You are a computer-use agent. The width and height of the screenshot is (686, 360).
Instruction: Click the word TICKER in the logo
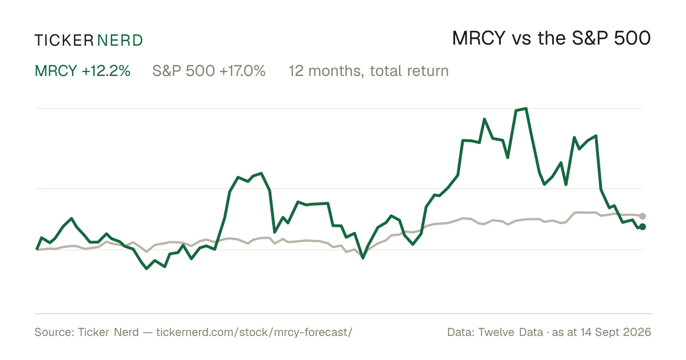[64, 41]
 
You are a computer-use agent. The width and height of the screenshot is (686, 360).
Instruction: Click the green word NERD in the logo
[120, 41]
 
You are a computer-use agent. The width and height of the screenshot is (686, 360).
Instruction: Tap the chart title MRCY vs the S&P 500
[551, 38]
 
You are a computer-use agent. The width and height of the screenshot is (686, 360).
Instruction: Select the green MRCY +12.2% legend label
[83, 71]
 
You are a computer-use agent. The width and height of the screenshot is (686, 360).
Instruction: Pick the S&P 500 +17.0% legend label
[209, 71]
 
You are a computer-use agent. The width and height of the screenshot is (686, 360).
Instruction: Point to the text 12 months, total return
[369, 71]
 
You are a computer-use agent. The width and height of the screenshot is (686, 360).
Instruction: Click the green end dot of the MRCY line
[643, 226]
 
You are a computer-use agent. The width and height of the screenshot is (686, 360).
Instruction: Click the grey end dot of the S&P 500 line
[643, 216]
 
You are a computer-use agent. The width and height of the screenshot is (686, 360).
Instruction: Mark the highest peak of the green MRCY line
[526, 109]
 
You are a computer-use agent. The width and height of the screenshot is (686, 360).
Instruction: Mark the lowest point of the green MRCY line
[146, 269]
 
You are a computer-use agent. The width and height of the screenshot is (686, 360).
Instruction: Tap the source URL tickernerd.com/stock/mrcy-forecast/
[254, 332]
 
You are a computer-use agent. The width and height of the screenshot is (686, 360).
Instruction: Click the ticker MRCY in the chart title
[478, 38]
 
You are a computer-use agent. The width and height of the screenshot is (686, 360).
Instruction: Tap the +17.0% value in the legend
[242, 71]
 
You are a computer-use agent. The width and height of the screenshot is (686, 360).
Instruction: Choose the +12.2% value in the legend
[106, 71]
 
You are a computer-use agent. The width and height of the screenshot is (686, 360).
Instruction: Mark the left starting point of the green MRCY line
[37, 250]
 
